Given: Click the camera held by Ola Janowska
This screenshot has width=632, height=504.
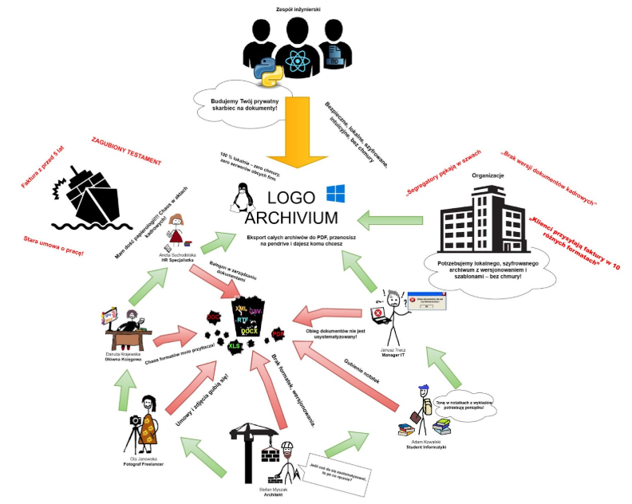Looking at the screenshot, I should [x=136, y=419].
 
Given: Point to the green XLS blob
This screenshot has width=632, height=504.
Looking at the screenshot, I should [x=235, y=346].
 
